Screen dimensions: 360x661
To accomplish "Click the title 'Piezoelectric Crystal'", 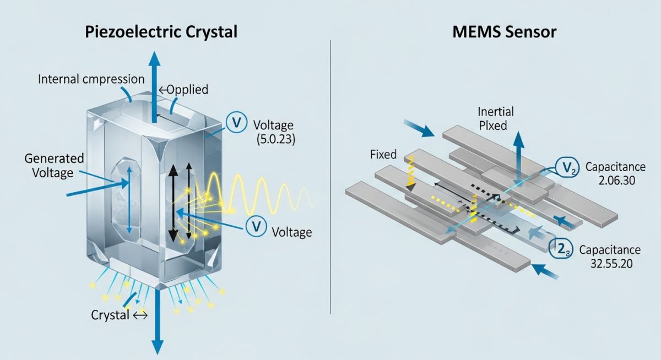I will click(x=161, y=31).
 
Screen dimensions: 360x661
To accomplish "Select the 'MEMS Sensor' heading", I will click(x=505, y=31).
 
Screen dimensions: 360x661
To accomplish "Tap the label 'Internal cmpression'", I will click(x=91, y=79).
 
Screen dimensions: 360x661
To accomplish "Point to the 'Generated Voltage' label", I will click(x=55, y=165).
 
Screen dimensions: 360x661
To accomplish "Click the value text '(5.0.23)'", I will click(x=276, y=139).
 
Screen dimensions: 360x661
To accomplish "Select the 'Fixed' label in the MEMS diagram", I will click(x=383, y=155).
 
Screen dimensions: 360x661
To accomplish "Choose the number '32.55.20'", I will click(x=609, y=263).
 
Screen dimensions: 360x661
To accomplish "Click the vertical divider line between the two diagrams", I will click(x=330, y=176).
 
